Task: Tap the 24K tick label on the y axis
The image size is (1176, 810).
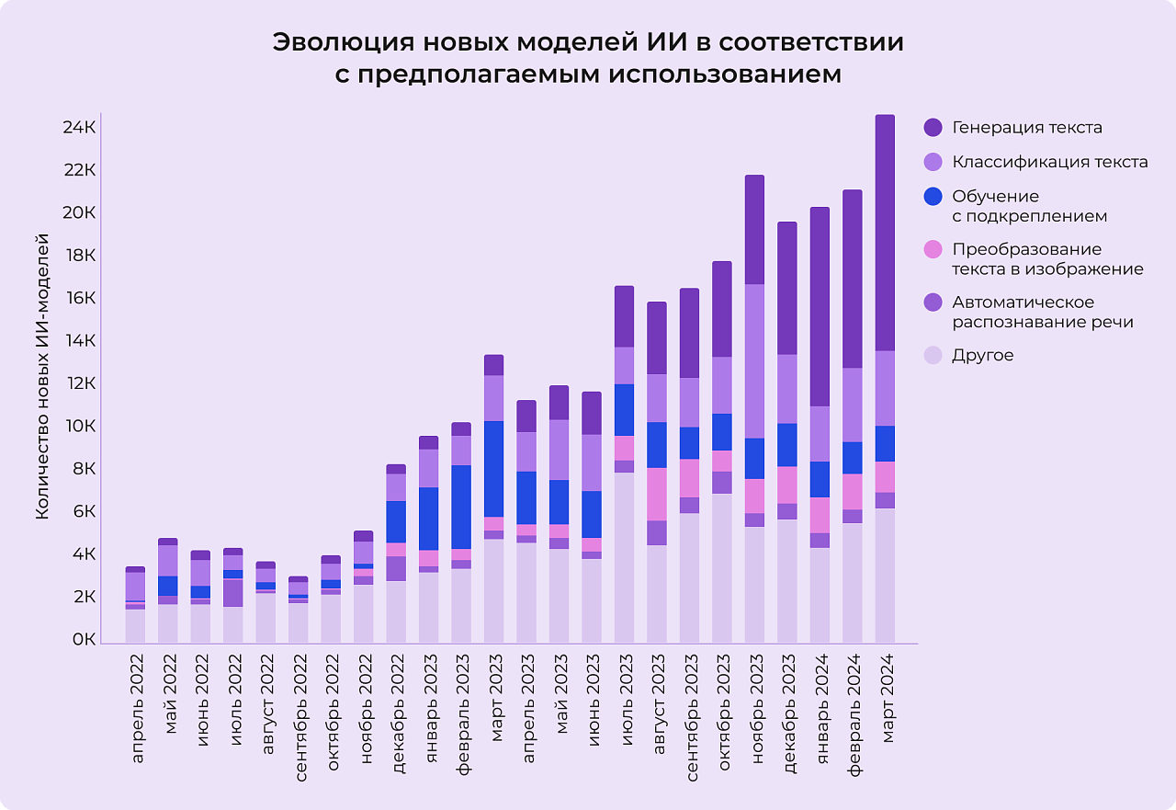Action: point(79,127)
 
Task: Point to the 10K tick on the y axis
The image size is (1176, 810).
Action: point(79,427)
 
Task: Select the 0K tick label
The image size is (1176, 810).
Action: point(83,640)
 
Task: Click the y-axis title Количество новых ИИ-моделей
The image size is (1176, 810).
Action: point(42,377)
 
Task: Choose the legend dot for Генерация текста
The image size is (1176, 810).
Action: point(933,128)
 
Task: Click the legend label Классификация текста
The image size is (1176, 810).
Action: point(1049,162)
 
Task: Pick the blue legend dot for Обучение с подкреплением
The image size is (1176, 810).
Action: point(933,197)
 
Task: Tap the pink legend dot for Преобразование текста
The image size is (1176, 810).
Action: point(933,249)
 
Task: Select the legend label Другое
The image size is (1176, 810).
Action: point(983,355)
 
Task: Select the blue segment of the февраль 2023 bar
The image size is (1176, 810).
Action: point(461,507)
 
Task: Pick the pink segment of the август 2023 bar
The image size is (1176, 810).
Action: point(657,494)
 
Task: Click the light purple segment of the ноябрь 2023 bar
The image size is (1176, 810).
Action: point(754,361)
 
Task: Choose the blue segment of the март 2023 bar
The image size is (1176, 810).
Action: point(493,469)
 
